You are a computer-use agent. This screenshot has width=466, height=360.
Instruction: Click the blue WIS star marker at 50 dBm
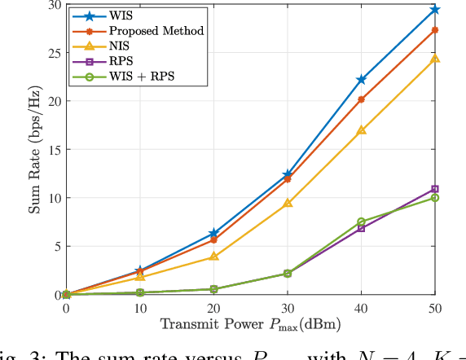pyautogui.click(x=435, y=10)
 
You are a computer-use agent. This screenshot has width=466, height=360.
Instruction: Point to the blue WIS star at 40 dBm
pyautogui.click(x=361, y=80)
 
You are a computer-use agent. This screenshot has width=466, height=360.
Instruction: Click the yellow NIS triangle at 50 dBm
pyautogui.click(x=435, y=59)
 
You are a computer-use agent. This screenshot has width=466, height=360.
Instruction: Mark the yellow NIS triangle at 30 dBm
pyautogui.click(x=288, y=203)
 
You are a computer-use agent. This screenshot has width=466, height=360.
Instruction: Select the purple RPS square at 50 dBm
pyautogui.click(x=435, y=189)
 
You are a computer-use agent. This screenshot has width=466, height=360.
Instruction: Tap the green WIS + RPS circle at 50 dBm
pyautogui.click(x=435, y=198)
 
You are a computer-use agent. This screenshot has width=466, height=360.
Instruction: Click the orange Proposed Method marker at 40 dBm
pyautogui.click(x=361, y=99)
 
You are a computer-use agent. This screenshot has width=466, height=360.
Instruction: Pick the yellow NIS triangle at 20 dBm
pyautogui.click(x=213, y=256)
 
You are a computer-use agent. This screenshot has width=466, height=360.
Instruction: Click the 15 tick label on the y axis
pyautogui.click(x=54, y=150)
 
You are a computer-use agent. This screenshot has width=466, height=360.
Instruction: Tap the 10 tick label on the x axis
pyautogui.click(x=140, y=308)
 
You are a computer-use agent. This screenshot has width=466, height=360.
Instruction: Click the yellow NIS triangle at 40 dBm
pyautogui.click(x=361, y=130)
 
